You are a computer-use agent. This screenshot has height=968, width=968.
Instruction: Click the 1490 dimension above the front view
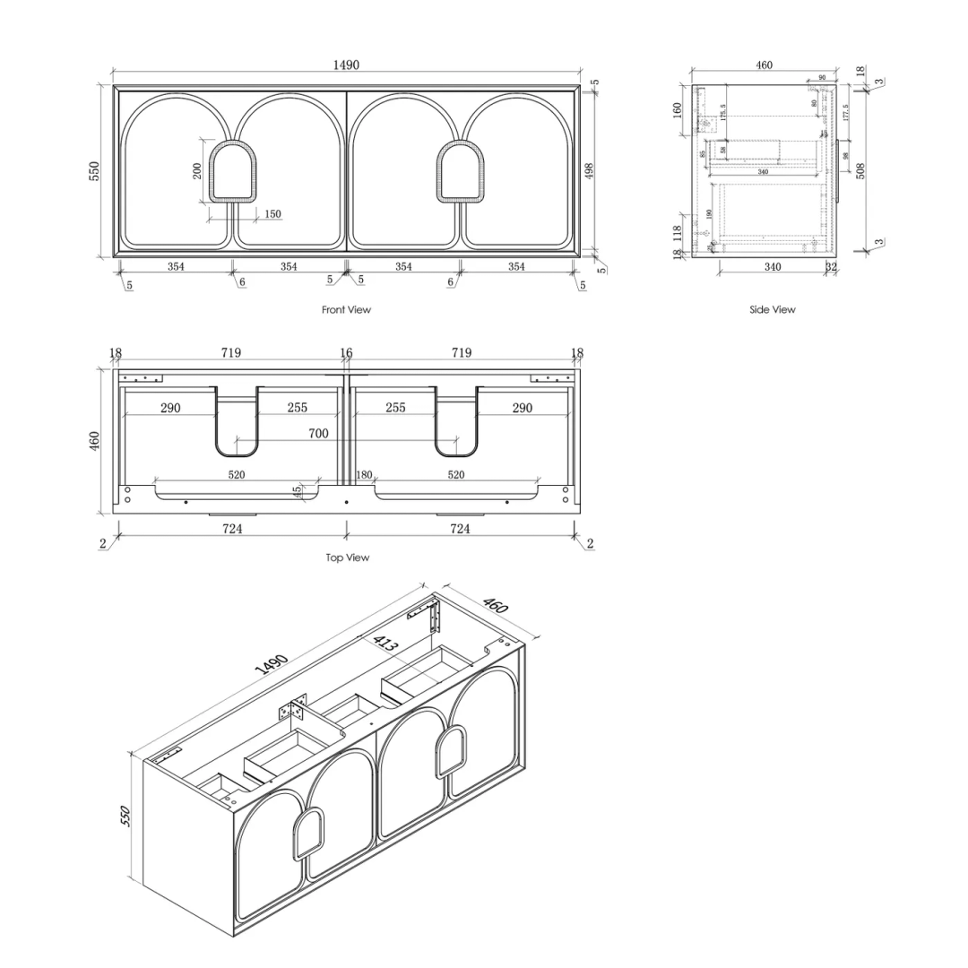coord(346,65)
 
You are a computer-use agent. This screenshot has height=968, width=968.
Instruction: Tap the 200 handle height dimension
coord(197,170)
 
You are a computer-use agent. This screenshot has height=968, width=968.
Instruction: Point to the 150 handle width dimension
coord(272,214)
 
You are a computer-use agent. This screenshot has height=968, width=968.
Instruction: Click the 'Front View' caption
coord(346,310)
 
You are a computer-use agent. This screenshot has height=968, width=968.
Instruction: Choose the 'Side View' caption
coord(772,310)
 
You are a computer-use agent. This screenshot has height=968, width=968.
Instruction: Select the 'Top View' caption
coord(347,557)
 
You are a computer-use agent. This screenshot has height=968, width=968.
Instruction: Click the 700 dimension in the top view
coord(318,433)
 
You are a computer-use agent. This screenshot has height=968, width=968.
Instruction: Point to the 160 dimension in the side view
coord(678,109)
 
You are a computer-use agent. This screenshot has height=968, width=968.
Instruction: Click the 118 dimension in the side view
coord(678,234)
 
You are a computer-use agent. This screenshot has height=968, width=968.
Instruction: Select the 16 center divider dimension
coord(346,353)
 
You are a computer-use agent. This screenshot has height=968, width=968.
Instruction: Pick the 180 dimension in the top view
coord(364,475)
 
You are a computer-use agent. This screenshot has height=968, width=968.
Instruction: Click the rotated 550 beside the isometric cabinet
coord(126,816)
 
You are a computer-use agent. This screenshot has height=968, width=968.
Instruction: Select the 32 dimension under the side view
coord(830,267)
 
